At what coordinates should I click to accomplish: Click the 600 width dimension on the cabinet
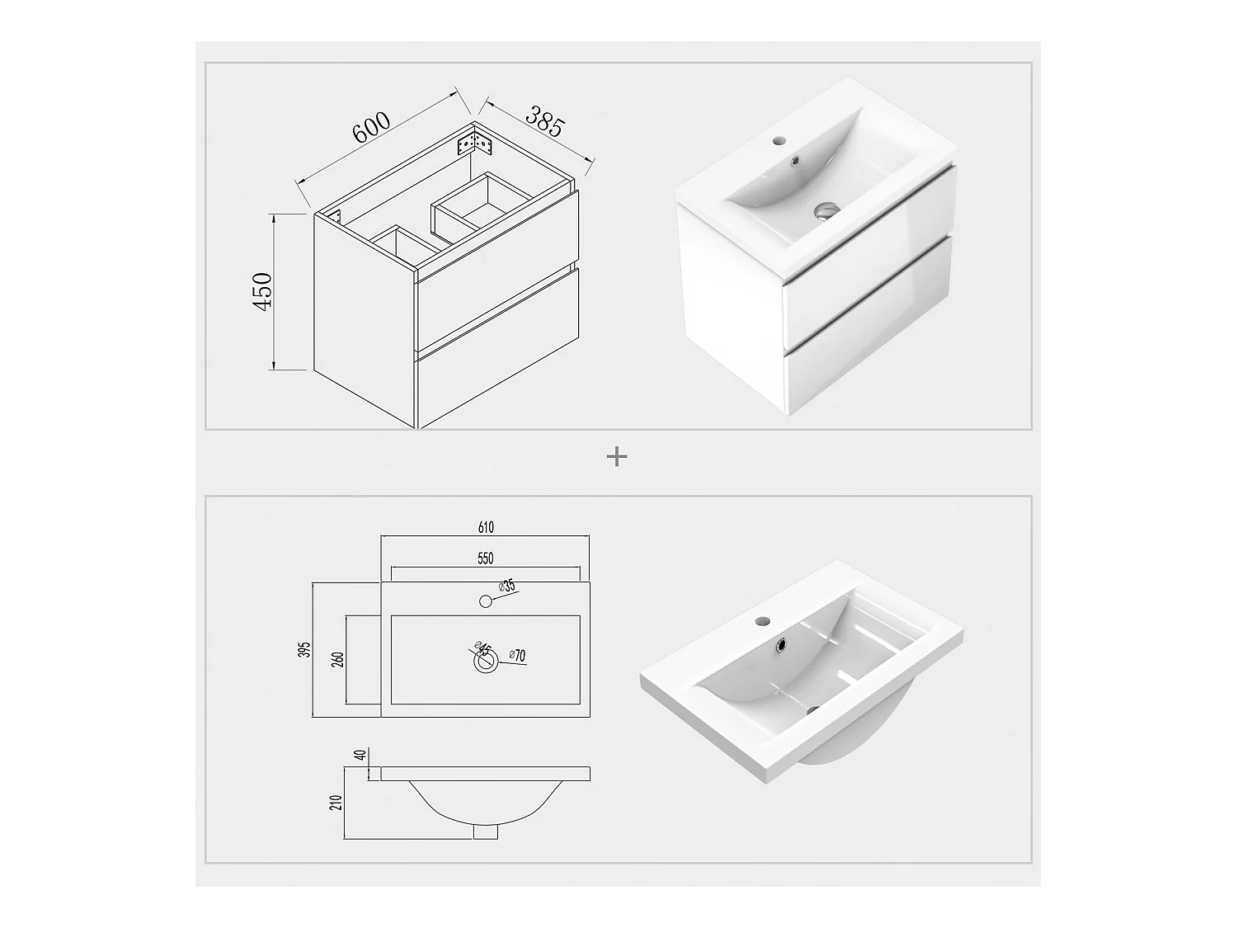click(x=371, y=127)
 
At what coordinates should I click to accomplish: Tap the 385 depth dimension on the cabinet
click(x=544, y=120)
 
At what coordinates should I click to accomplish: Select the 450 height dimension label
click(x=262, y=291)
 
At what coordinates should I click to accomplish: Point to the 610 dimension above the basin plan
click(x=486, y=527)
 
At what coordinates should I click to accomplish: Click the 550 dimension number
click(x=485, y=558)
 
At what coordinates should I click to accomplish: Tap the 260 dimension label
click(x=338, y=660)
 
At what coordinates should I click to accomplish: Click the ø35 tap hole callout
click(x=507, y=586)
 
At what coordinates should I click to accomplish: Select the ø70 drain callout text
click(x=517, y=655)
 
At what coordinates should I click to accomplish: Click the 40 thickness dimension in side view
click(x=362, y=755)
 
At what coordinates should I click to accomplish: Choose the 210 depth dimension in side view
click(x=337, y=803)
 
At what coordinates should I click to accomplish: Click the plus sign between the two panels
click(x=617, y=456)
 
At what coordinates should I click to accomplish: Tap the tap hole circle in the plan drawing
click(x=485, y=601)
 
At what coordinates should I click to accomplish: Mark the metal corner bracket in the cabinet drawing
click(x=476, y=143)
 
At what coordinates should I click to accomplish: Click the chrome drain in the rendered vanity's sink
click(x=827, y=210)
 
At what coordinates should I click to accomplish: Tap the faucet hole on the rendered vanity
click(x=779, y=139)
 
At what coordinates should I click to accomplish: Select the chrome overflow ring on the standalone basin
click(x=783, y=643)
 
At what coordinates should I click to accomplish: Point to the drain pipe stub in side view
click(x=486, y=831)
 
